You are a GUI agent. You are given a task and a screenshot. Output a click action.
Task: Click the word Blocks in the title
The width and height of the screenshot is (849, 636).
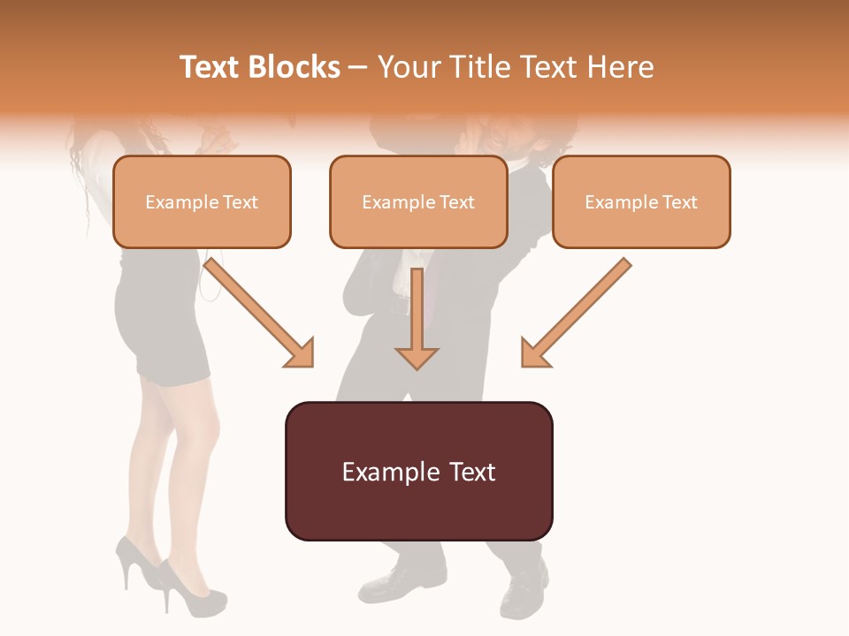[x=294, y=67]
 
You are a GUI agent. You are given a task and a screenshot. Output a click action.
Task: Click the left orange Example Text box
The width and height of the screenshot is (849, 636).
[x=202, y=201]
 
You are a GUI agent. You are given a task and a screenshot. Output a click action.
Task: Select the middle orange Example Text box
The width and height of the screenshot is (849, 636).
[x=418, y=201]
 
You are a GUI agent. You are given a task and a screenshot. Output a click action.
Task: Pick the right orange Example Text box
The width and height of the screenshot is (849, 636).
[x=641, y=201]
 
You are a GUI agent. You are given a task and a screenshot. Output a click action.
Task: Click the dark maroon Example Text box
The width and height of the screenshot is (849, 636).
[x=418, y=471]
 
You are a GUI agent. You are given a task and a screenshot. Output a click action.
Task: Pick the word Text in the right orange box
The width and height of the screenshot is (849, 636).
[x=678, y=202]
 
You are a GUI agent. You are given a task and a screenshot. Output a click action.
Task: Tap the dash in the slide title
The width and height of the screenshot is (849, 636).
[x=358, y=67]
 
